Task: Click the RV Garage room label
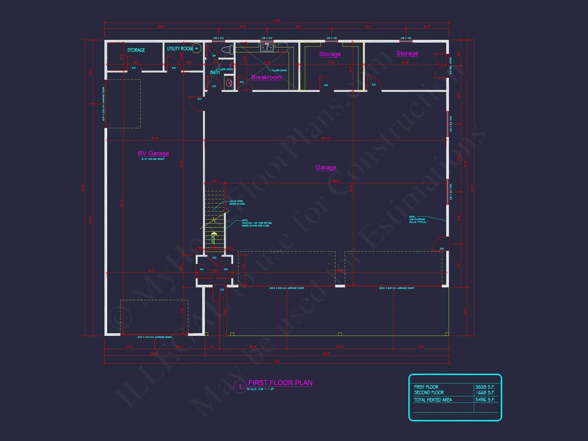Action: click(153, 153)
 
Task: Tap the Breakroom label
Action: click(266, 77)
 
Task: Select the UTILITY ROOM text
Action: click(180, 49)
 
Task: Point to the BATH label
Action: click(215, 72)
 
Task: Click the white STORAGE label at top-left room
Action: click(136, 50)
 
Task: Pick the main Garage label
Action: click(326, 167)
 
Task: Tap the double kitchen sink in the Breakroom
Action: click(267, 47)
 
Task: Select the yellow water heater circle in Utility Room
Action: click(197, 48)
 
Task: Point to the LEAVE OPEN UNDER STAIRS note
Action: click(237, 203)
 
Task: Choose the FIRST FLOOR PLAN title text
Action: click(280, 383)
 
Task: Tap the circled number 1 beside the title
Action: click(240, 386)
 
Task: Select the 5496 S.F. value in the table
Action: click(485, 400)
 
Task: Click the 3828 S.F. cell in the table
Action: click(485, 387)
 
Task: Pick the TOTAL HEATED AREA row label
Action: click(433, 400)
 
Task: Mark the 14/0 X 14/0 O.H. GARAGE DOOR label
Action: click(154, 337)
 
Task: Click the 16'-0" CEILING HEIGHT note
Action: click(153, 159)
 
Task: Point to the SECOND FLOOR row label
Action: click(429, 393)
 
